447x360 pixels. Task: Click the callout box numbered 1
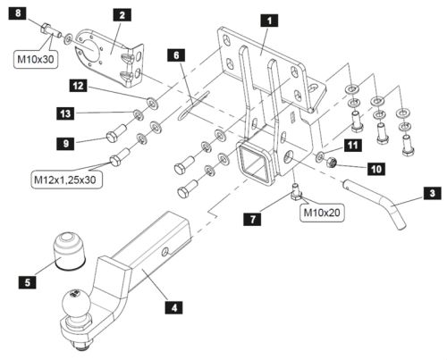coord(269,21)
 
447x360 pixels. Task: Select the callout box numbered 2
coord(122,15)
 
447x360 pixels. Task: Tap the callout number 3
coord(433,193)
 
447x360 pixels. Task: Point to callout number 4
coord(174,306)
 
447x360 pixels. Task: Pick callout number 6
coord(176,55)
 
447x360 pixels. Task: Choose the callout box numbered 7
coord(253,220)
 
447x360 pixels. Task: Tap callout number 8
coord(18,13)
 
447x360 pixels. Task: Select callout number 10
coord(376,169)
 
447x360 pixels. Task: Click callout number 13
coord(66,113)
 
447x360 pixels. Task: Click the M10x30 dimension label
coord(36,60)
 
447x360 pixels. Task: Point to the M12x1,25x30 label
coord(65,180)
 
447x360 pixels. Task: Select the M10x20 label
coord(322,213)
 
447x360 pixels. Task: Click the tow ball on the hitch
coord(76,303)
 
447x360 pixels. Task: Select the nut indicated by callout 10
coord(332,163)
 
